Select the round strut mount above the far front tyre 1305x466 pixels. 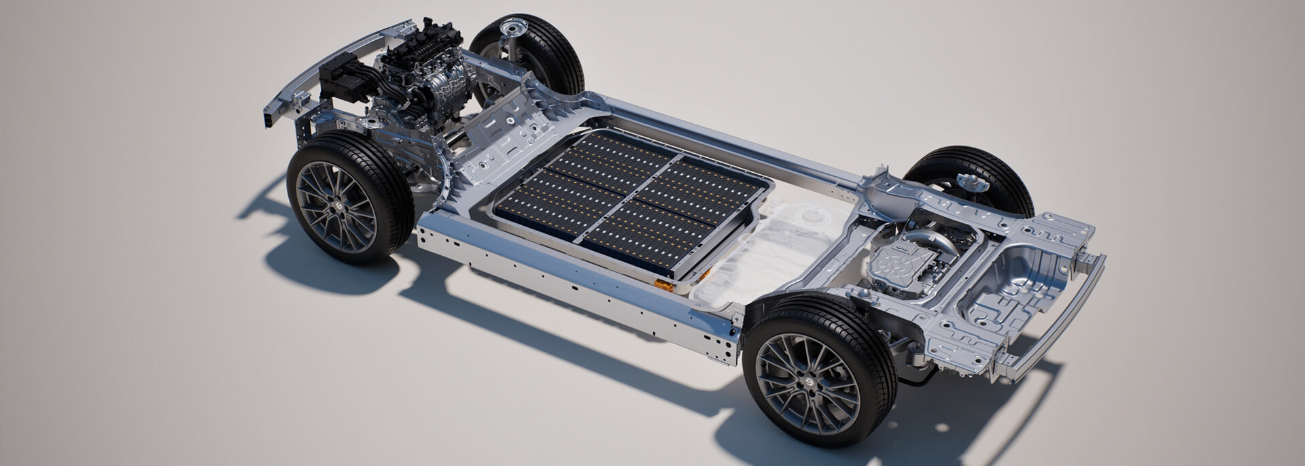coord(510,29)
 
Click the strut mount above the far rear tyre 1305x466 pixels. coord(967,180)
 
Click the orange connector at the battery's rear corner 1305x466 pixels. coord(665,286)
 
